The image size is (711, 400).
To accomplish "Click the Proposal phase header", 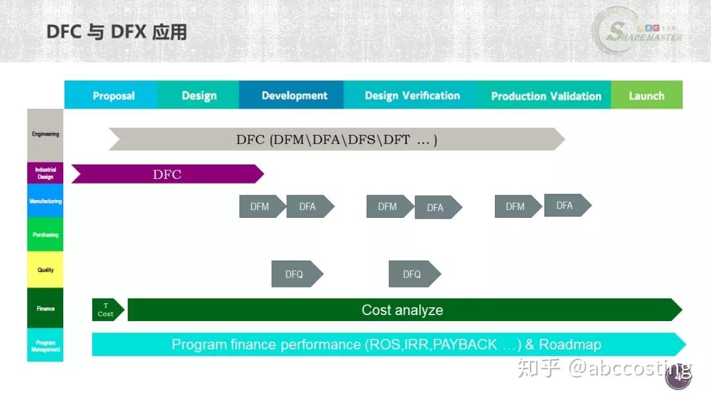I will pos(113,95).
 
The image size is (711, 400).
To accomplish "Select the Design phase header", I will pos(199,95).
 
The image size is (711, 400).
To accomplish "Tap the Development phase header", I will pos(294,95).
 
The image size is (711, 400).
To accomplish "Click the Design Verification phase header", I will pos(412,95).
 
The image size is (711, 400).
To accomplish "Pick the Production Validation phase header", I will pos(546,95).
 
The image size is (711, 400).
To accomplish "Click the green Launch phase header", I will pos(646,95).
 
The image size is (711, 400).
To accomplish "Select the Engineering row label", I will pos(45,135).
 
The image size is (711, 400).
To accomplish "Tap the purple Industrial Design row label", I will pos(45,173).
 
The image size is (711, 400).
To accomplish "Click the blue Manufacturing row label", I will pos(45,201).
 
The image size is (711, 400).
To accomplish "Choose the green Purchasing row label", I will pos(45,235).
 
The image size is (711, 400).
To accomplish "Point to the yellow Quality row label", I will pos(45,270).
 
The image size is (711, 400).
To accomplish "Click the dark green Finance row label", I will pos(45,308).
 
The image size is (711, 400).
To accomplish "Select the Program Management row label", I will pos(45,345).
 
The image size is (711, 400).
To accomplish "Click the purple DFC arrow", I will pos(167,174).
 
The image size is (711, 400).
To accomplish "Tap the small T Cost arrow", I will pos(107,310).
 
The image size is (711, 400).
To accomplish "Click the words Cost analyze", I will pos(402,310).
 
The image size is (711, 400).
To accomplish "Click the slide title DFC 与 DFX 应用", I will pos(117,32).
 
